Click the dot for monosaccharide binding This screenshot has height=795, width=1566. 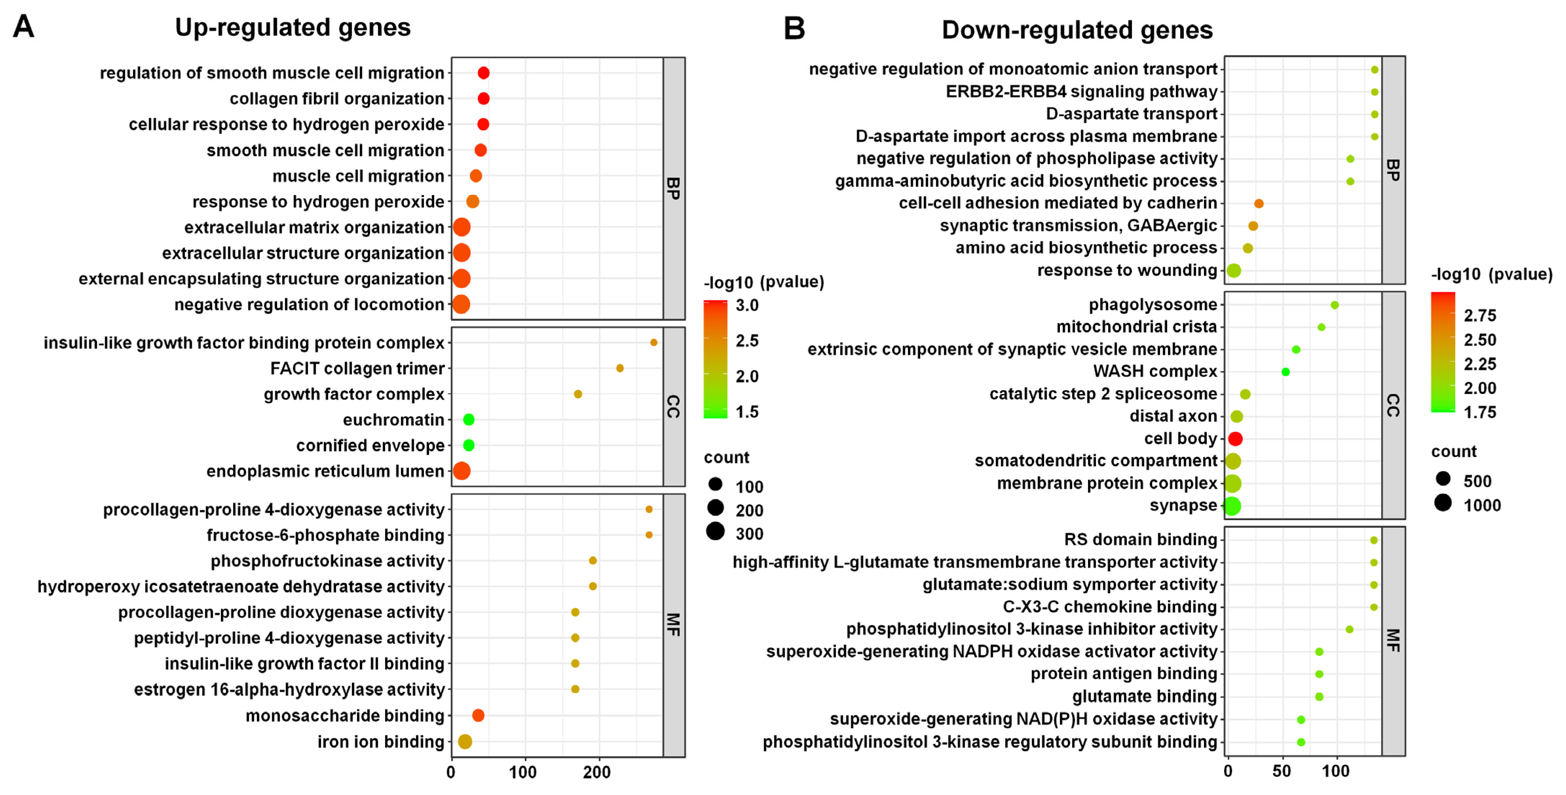[478, 715]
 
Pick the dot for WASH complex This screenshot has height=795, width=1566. [1285, 372]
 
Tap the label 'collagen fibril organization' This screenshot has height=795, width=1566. [337, 99]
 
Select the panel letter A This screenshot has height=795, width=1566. [24, 27]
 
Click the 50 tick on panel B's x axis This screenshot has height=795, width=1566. [1282, 771]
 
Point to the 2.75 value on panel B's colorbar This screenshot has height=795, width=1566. [1480, 316]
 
